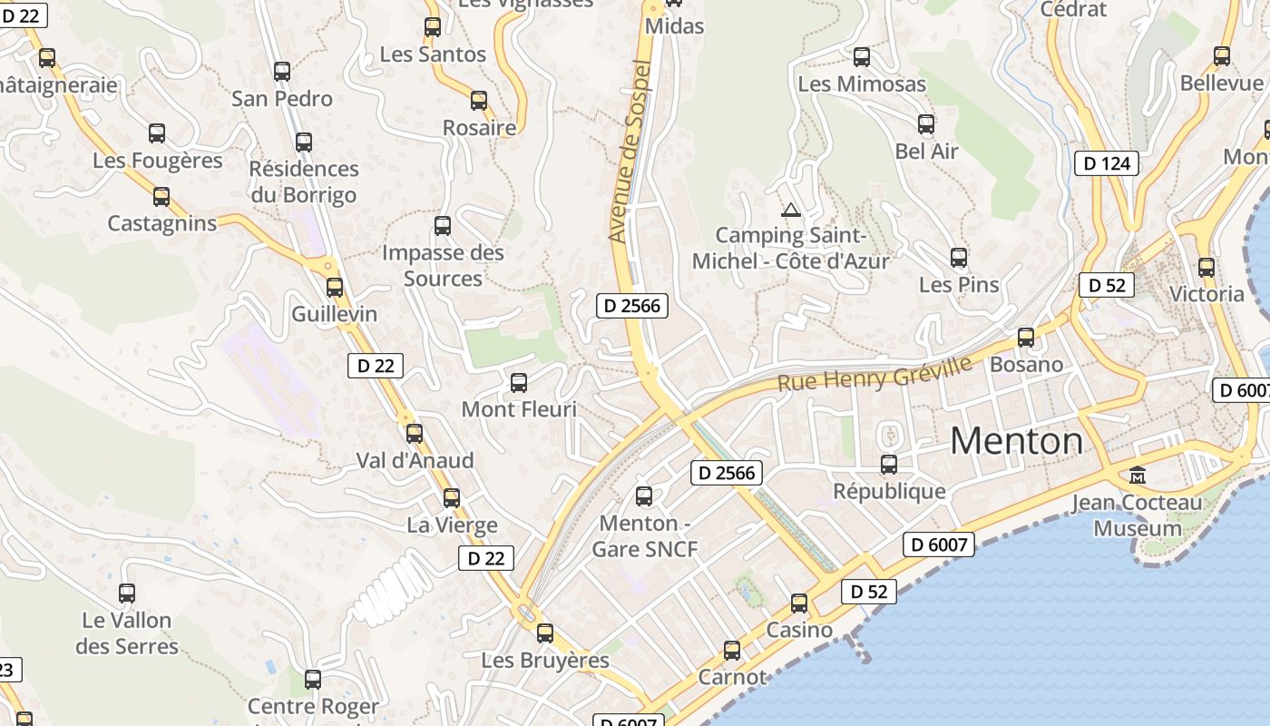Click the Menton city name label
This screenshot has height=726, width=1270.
[1016, 441]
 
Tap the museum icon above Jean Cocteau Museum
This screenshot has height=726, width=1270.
[1137, 475]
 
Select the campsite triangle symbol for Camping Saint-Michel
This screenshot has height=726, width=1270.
[791, 211]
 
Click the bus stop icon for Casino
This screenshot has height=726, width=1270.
[799, 603]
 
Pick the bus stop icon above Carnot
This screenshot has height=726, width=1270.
[732, 651]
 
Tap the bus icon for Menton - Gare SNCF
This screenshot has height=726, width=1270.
[644, 496]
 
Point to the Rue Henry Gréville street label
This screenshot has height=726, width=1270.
[874, 373]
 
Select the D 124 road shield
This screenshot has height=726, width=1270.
[1106, 163]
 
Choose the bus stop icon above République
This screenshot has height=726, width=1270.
[889, 465]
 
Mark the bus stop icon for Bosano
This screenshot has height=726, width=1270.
[1026, 338]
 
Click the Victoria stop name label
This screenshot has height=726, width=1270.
[1206, 294]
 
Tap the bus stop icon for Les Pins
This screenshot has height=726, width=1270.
[959, 258]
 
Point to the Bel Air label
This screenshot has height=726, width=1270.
[926, 151]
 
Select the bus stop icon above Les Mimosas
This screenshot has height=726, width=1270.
[862, 57]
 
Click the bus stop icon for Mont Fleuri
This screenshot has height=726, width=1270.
[519, 383]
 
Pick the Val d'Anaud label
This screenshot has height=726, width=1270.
[415, 460]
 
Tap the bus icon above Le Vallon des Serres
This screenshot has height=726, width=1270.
[127, 594]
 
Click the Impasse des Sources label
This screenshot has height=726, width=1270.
[443, 265]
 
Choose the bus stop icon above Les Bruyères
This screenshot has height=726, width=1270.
[545, 633]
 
